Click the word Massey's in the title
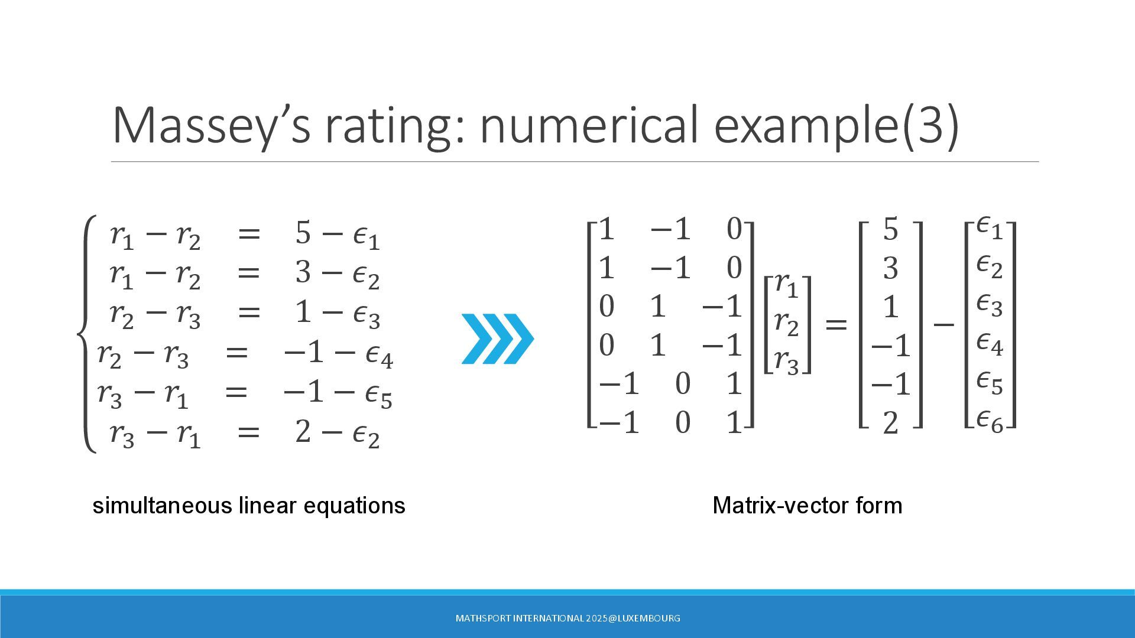211,125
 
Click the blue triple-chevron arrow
498,338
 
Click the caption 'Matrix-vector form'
808,506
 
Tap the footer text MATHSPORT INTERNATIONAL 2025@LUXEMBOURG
567,619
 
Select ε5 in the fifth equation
378,395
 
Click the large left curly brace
86,334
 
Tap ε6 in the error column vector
990,421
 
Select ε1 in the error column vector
990,227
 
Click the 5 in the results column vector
890,229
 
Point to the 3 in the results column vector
890,268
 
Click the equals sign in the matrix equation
836,324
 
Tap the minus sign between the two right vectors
943,324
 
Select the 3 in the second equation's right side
303,272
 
